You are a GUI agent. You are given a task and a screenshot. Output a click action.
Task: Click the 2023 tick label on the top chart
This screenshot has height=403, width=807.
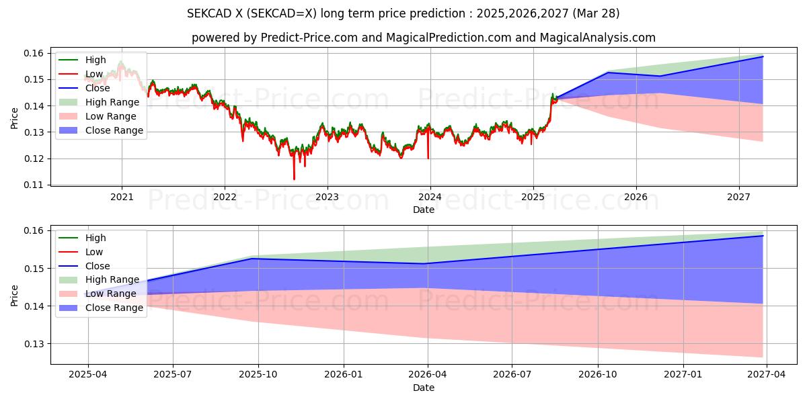click(328, 197)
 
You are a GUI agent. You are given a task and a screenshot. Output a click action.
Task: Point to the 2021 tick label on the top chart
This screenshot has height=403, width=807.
click(122, 197)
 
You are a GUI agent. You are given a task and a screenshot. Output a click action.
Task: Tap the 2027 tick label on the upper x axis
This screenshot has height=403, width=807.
click(739, 197)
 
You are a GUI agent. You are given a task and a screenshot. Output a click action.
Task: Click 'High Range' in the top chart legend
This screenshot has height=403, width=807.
click(112, 102)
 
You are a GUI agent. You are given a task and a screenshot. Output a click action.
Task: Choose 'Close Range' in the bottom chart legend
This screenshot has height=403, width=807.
click(114, 308)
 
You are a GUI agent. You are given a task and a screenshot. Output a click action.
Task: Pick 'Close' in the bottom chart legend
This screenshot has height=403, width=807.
click(98, 266)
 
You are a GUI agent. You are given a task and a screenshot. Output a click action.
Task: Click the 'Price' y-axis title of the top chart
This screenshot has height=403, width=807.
click(15, 118)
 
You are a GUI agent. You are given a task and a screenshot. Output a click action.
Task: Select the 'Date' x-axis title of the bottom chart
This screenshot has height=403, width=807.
click(424, 388)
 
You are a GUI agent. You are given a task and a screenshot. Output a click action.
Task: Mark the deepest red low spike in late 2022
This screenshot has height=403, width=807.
click(294, 179)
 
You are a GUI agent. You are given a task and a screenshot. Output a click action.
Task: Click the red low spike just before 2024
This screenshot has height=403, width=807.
click(428, 158)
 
